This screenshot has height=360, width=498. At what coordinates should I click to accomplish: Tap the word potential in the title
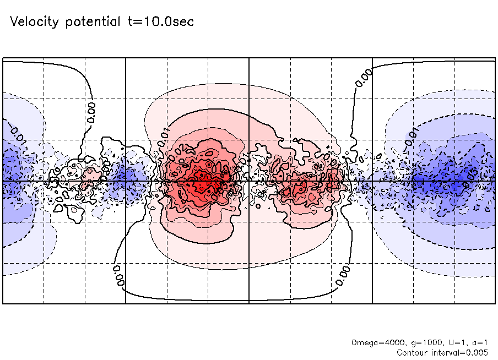(93, 23)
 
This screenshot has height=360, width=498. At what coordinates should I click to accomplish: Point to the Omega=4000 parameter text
(373, 342)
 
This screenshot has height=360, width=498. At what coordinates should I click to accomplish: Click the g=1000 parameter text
(414, 342)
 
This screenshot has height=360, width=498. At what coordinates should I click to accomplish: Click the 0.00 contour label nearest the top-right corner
(364, 77)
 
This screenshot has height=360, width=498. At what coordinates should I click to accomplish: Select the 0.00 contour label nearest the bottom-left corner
(118, 273)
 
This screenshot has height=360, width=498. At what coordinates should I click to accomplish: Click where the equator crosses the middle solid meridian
(250, 181)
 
